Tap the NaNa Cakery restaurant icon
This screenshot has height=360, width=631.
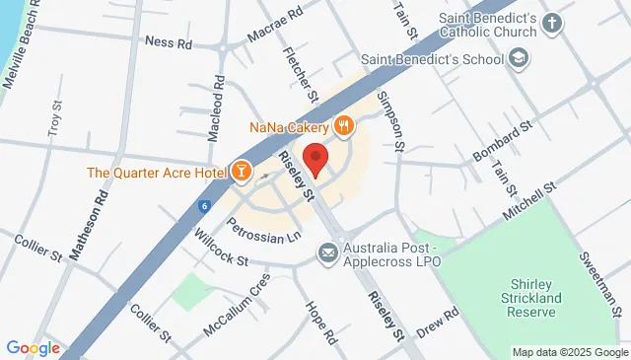[343, 125]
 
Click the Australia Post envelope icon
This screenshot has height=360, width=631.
[326, 254]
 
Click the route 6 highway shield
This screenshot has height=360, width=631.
[204, 206]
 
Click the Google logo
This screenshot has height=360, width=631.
[33, 348]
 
